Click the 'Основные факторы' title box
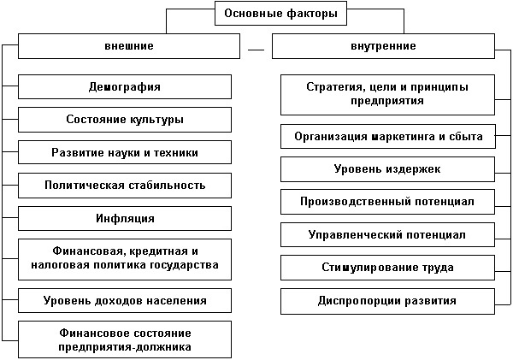coord(280,14)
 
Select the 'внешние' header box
coord(129,46)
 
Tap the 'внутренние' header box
coord(383,46)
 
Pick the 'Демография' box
coord(125,86)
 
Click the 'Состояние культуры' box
coord(125,120)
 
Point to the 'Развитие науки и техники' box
coord(125,152)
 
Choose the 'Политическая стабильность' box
coord(125,186)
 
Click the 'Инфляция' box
coord(125,218)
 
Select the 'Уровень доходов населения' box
coord(125,300)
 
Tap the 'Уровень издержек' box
coord(387,169)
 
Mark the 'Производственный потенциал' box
coord(387,202)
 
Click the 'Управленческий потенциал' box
coord(387,234)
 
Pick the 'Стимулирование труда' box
coord(387,268)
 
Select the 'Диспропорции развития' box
coord(387,301)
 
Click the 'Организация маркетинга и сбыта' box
coord(388,136)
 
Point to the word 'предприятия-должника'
coord(125,347)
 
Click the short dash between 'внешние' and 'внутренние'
coord(256,50)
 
